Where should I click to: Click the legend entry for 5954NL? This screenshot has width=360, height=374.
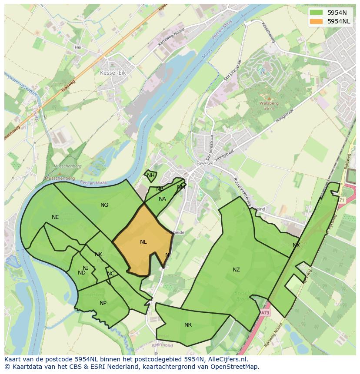[x=339, y=21]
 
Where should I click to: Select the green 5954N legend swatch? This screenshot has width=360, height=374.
[x=316, y=12]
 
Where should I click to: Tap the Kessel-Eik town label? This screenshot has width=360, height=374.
[x=113, y=73]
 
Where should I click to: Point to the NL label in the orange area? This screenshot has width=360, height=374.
[x=143, y=242]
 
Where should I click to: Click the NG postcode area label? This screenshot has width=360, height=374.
[x=104, y=205]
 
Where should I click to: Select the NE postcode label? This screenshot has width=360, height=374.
[x=55, y=217]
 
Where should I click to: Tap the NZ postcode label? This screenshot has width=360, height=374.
[x=236, y=270]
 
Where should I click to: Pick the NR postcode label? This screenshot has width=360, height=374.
[x=188, y=325]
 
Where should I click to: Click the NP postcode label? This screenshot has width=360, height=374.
[x=103, y=303]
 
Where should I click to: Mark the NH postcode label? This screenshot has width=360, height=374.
[x=150, y=175]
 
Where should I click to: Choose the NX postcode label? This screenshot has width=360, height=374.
[x=296, y=245]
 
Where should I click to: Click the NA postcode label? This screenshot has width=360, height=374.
[x=162, y=199]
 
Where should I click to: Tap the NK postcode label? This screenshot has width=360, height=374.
[x=99, y=255]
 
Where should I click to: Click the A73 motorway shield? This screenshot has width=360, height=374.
[x=265, y=312]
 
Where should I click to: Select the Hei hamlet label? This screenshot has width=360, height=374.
[x=78, y=47]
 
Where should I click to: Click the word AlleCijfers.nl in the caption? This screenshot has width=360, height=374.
[x=226, y=359]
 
